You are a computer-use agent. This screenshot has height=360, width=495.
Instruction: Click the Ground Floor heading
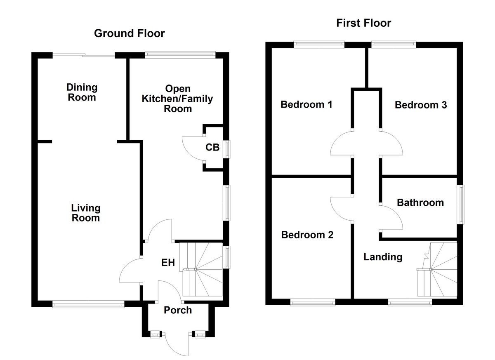coord(129,33)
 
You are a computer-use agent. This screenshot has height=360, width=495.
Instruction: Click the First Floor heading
coord(363,23)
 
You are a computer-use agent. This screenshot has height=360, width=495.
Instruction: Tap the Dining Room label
coord(82,92)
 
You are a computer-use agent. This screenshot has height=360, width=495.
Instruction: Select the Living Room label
coord(86,213)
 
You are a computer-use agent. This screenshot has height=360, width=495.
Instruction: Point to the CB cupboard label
coord(212,147)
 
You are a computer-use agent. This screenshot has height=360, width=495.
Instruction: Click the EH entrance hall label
coord(168,262)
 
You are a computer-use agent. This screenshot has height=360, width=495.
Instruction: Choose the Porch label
coord(178,310)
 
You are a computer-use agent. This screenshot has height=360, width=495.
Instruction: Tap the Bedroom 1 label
coord(306,104)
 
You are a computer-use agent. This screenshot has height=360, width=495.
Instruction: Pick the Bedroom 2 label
coord(307,235)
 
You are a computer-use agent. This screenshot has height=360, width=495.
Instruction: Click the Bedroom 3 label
coord(420,105)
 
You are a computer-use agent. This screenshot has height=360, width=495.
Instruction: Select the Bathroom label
coord(420,202)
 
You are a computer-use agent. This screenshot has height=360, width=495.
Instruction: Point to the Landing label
coord(382,257)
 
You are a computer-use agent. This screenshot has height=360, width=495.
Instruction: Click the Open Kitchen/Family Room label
coord(178,99)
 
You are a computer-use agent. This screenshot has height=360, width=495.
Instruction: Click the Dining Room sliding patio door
coord(83,55)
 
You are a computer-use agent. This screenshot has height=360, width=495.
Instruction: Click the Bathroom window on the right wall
coord(461,205)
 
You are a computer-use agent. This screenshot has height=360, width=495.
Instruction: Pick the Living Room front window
coord(88,304)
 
